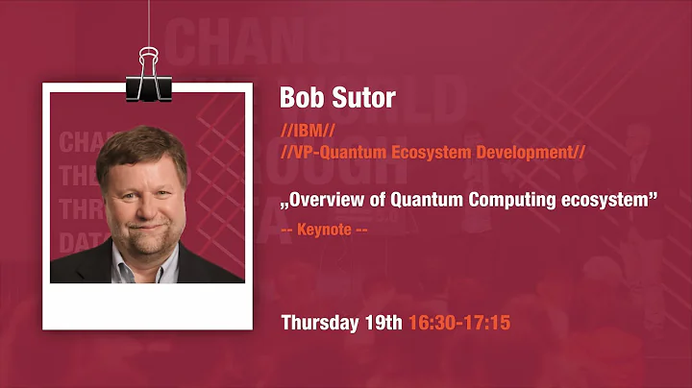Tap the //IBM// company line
tap(307, 130)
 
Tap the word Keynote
tap(325, 230)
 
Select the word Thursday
tap(321, 323)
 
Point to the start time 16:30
tap(432, 323)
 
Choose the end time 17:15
tap(486, 323)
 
